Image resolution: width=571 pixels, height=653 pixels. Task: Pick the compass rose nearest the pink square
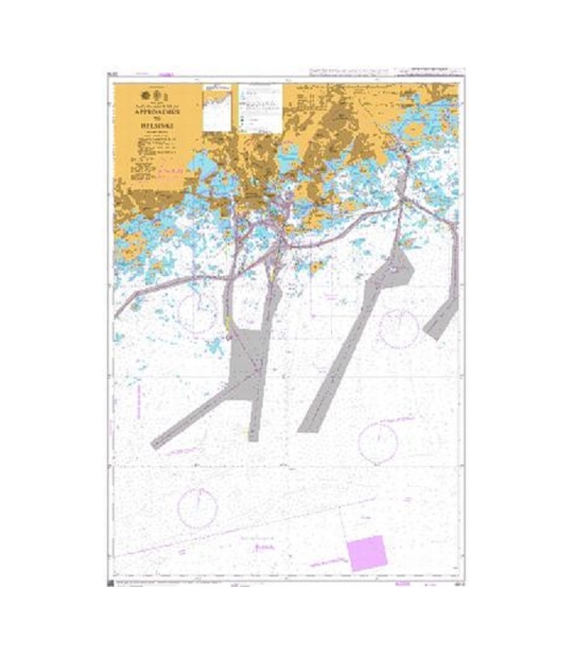(378, 442)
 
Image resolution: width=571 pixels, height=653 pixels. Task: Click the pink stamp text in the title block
(170, 170)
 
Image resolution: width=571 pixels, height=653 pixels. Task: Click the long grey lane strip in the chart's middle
(347, 351)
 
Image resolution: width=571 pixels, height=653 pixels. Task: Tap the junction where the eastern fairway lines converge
(399, 204)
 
